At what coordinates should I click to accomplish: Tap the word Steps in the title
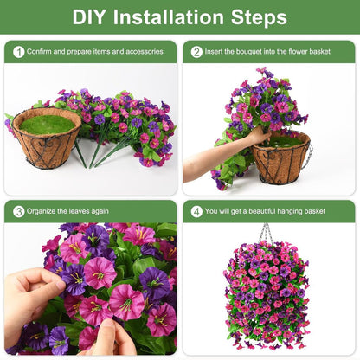[257, 17]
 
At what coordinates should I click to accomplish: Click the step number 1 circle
[18, 52]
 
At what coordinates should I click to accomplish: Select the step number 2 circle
[196, 52]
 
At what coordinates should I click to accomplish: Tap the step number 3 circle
[18, 211]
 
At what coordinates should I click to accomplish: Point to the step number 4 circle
[196, 211]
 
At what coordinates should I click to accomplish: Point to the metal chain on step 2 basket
[308, 154]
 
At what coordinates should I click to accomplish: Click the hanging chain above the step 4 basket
[267, 234]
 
